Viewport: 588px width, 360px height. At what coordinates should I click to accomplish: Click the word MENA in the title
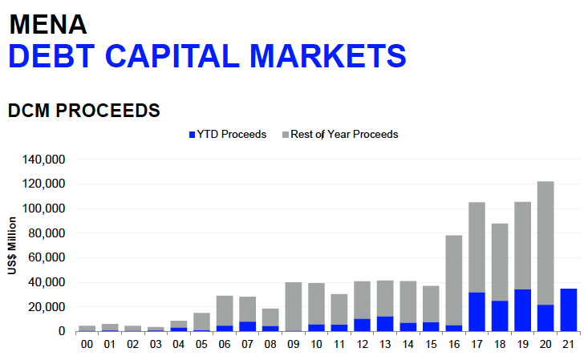point(48,25)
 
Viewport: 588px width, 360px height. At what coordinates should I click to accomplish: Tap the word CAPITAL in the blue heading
point(172,56)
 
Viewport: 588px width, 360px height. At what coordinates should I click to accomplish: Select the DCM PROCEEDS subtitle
point(84,111)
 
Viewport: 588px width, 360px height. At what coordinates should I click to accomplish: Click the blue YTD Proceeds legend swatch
point(192,135)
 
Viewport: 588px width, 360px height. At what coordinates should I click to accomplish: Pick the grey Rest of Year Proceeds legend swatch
point(286,135)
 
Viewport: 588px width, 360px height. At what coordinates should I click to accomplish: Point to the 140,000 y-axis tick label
point(43,160)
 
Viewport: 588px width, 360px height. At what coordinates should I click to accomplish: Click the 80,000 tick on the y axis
point(47,233)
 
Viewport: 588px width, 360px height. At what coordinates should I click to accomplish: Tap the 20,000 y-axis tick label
point(47,307)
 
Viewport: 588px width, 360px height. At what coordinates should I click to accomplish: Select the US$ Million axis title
point(12,245)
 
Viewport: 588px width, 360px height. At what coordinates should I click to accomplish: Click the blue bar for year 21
point(569,310)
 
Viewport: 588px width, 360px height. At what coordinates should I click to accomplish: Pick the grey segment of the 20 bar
point(545,243)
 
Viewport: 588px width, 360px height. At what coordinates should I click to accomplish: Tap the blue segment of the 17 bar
point(476,312)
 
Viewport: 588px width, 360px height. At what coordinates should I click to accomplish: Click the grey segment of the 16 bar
point(454,281)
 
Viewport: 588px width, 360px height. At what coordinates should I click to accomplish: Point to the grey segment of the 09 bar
point(294,306)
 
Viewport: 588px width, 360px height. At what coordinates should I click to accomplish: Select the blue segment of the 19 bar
point(523,310)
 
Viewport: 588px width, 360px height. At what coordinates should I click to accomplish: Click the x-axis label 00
point(87,344)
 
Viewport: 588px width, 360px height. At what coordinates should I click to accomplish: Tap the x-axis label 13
point(385,344)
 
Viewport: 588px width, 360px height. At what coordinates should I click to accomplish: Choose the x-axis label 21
point(569,344)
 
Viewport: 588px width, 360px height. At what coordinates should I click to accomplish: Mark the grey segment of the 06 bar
point(225,311)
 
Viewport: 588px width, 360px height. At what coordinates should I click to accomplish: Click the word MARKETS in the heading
point(328,56)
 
